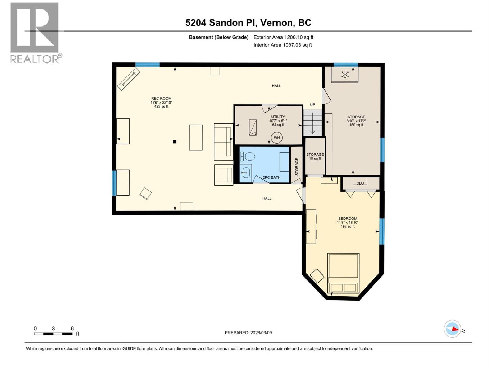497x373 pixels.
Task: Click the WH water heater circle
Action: pyautogui.click(x=276, y=138)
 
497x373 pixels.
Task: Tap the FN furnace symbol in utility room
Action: pyautogui.click(x=253, y=127)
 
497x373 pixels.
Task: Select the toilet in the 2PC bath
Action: pyautogui.click(x=247, y=156)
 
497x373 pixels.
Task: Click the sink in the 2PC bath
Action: pyautogui.click(x=246, y=171)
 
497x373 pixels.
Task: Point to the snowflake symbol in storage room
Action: pyautogui.click(x=345, y=74)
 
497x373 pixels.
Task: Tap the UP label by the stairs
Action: pyautogui.click(x=312, y=105)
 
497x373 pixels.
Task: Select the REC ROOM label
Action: pyautogui.click(x=161, y=99)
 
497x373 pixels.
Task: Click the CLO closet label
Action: pyautogui.click(x=360, y=183)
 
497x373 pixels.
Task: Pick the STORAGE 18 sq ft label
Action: pyautogui.click(x=315, y=156)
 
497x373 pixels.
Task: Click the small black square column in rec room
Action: pyautogui.click(x=175, y=142)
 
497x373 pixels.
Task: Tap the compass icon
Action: pyautogui.click(x=452, y=329)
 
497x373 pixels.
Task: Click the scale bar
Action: pyautogui.click(x=53, y=334)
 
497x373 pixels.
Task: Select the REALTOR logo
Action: pyautogui.click(x=35, y=33)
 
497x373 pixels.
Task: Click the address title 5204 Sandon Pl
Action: pyautogui.click(x=248, y=23)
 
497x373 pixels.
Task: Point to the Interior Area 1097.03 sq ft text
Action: pyautogui.click(x=282, y=45)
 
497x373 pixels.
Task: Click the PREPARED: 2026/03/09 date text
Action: pyautogui.click(x=248, y=333)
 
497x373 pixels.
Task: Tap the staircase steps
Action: pyautogui.click(x=313, y=123)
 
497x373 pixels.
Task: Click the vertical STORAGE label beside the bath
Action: pyautogui.click(x=297, y=167)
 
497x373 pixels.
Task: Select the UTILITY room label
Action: pyautogui.click(x=278, y=117)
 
